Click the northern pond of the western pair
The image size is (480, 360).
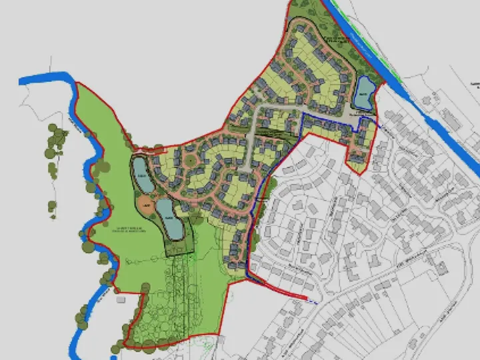pyautogui.click(x=142, y=174)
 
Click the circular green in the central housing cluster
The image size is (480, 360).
pyautogui.click(x=189, y=159)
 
